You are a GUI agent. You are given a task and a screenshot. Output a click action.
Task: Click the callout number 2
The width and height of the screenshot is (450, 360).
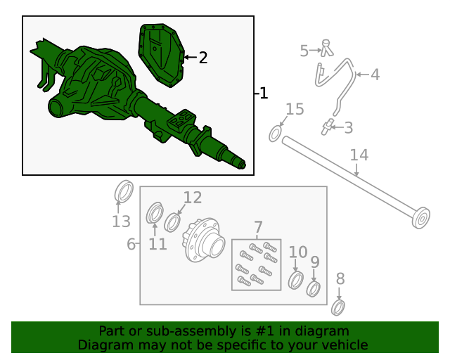pos(203,58)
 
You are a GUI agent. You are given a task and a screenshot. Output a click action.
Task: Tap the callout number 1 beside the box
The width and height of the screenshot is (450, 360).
pos(264,94)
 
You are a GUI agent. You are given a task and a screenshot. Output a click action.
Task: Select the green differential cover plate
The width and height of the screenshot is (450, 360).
pos(162,56)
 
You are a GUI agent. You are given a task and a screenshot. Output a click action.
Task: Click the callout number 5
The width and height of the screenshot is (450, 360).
pos(304,51)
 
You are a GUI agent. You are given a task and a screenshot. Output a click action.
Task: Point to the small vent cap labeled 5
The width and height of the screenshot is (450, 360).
pos(326,49)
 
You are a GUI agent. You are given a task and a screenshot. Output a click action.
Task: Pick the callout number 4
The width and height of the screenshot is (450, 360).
pos(375,75)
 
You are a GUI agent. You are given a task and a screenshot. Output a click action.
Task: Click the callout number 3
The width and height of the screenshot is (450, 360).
pos(349,128)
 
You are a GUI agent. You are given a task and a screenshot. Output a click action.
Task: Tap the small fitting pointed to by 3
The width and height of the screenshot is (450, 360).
pos(326,127)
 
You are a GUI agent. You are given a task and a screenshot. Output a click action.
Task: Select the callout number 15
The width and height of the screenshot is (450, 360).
pos(295,110)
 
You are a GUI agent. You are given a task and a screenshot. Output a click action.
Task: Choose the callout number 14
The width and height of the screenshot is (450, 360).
pos(359,155)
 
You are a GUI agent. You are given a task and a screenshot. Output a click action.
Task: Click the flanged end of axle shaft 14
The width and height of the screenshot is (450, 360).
pos(420,218)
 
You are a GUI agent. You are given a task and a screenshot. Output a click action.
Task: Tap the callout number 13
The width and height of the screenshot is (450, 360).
pos(121,221)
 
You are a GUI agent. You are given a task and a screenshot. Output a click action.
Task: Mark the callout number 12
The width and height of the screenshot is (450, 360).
pos(193,198)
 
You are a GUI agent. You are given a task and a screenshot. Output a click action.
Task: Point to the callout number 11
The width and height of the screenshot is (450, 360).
pos(157,244)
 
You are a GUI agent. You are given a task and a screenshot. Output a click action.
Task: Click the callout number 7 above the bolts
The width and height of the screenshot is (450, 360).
pos(258,227)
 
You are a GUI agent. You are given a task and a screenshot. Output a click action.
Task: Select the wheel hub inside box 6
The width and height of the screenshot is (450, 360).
pos(204,240)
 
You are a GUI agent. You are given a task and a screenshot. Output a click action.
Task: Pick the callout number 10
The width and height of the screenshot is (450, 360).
pos(298,252)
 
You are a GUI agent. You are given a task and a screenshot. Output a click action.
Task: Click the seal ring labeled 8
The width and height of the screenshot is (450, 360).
pos(338,307)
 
